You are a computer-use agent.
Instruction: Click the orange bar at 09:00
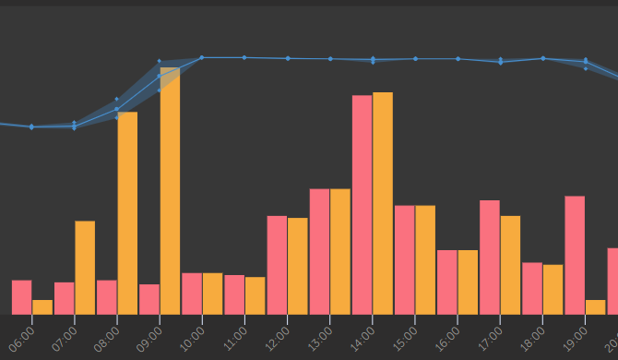click(x=170, y=191)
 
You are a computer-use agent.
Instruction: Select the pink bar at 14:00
click(x=362, y=205)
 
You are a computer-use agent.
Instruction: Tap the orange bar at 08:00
click(x=127, y=213)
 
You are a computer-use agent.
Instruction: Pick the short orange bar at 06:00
click(x=42, y=307)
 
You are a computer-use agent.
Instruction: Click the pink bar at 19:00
click(x=575, y=255)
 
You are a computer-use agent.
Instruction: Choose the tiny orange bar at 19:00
click(x=596, y=307)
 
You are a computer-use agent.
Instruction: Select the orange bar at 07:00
click(x=85, y=268)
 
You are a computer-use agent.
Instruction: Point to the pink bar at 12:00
click(x=277, y=265)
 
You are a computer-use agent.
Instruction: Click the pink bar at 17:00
click(x=490, y=258)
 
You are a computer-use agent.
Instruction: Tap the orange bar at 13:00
click(x=340, y=252)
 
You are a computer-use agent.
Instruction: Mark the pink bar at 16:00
click(x=447, y=282)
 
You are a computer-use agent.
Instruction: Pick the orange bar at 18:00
click(x=553, y=290)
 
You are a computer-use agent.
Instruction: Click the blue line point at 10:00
click(x=202, y=57)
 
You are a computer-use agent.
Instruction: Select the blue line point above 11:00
click(x=244, y=57)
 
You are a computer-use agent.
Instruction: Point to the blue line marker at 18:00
click(x=543, y=58)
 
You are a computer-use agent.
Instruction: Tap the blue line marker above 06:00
click(x=32, y=127)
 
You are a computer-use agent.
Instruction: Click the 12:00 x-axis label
click(x=277, y=339)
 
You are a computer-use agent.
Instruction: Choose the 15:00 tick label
click(x=405, y=339)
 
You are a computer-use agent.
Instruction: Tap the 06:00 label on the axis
click(x=22, y=339)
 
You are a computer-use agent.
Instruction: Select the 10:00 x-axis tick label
click(x=192, y=339)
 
